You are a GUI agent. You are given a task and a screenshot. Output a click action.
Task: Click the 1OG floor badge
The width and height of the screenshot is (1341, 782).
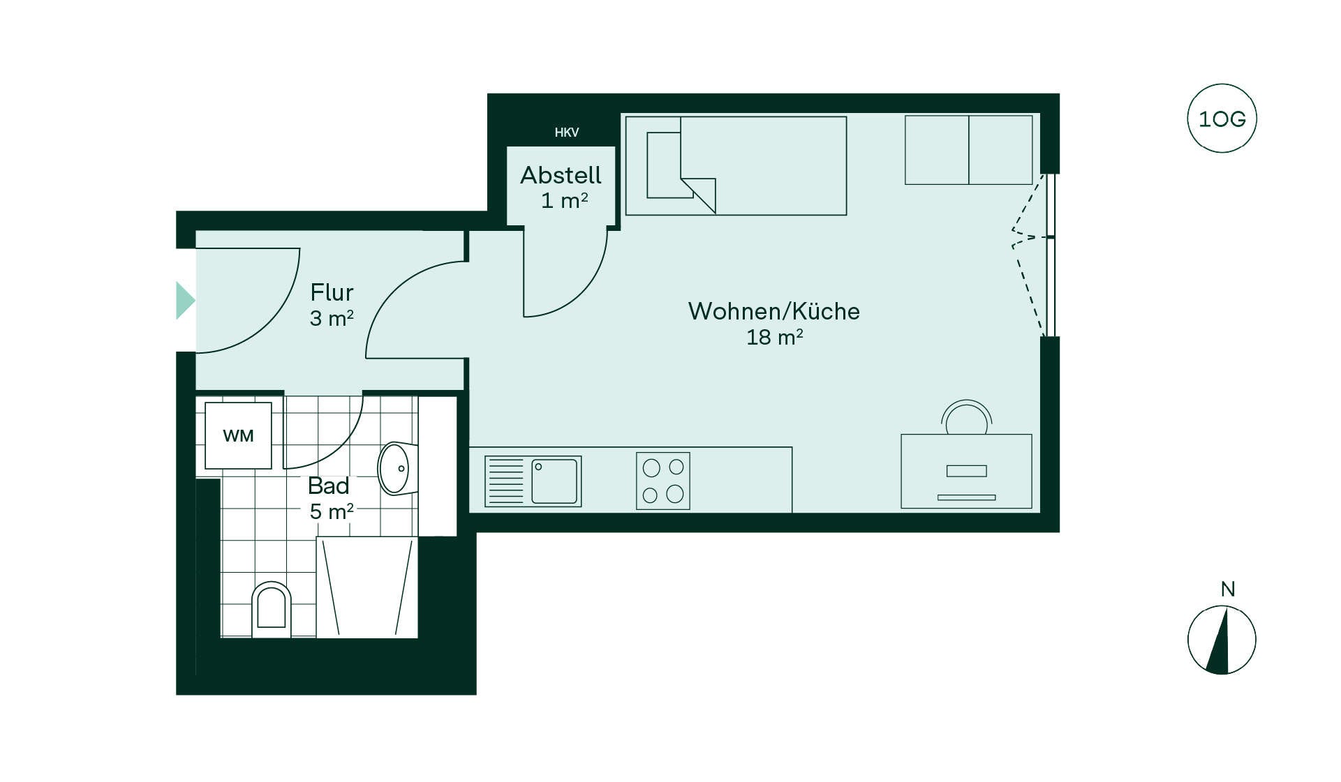(1222, 119)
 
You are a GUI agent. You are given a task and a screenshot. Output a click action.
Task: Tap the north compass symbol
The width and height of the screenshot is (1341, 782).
(1222, 640)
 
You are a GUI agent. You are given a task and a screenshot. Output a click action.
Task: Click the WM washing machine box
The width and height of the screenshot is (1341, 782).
(238, 435)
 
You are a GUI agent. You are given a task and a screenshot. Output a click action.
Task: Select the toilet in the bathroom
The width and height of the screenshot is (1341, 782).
(271, 608)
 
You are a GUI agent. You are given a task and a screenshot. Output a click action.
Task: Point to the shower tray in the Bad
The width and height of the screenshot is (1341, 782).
(367, 587)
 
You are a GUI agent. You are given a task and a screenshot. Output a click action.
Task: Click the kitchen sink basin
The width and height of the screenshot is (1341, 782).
(555, 481)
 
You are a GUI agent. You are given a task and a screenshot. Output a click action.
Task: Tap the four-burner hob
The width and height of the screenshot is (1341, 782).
(663, 481)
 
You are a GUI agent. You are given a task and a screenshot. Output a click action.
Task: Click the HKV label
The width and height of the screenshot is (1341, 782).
(567, 133)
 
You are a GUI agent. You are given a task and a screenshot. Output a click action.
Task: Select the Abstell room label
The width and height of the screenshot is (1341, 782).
(561, 175)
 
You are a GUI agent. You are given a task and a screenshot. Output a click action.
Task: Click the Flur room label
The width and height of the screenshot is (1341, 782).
(332, 292)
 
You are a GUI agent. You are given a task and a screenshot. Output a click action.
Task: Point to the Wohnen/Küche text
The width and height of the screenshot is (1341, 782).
(774, 311)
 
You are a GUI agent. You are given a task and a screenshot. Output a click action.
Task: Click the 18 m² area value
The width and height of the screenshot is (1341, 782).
(775, 338)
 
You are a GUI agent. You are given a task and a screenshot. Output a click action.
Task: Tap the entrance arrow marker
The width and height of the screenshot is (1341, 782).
(185, 301)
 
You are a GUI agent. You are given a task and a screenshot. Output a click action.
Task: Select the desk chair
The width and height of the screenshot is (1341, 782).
(966, 417)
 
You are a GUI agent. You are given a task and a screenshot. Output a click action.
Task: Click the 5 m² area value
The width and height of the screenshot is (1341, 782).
(332, 512)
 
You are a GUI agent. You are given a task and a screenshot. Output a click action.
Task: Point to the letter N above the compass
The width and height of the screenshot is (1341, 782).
(1228, 589)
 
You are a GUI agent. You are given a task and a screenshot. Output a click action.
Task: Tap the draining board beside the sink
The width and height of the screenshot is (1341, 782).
(504, 481)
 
